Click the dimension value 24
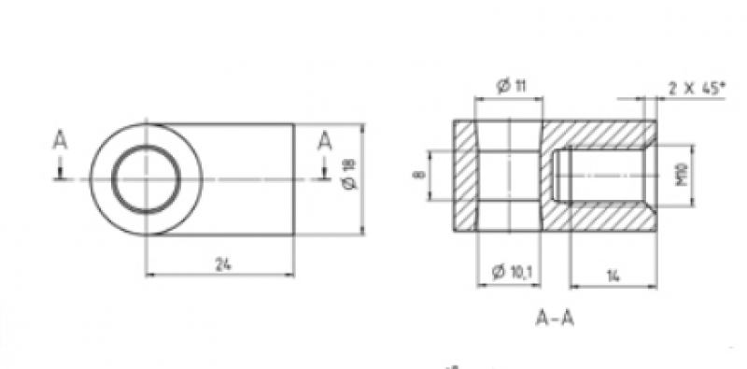pos(222,264)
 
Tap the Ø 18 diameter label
pos(350,175)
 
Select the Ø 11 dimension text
pos(511,86)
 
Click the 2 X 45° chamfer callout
pos(697,88)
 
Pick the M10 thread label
pos(682,175)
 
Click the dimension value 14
pos(613,276)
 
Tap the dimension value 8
pos(418,175)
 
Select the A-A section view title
pos(555,318)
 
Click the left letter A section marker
pos(60,141)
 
